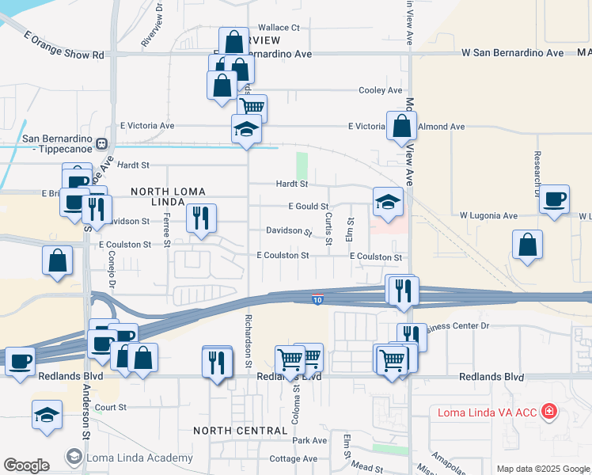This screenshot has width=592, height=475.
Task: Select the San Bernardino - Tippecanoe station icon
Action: tap(101, 144)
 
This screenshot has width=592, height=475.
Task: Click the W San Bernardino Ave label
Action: tap(513, 53)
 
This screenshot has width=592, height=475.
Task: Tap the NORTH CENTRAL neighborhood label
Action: tap(234, 430)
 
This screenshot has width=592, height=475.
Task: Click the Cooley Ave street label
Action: tap(381, 90)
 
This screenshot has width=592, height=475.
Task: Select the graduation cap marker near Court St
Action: tap(47, 414)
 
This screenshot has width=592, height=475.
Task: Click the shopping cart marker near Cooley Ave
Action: tap(252, 108)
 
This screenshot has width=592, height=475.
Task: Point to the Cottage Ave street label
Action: tap(293, 458)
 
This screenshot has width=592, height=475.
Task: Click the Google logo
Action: tap(26, 465)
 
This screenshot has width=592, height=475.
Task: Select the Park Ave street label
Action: tap(309, 440)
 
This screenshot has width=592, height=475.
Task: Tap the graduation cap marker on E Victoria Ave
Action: tap(246, 129)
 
